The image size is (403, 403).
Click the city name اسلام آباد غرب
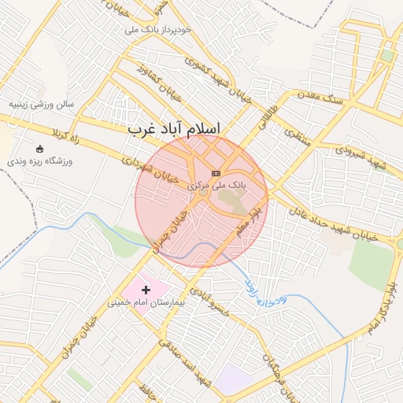(174, 128)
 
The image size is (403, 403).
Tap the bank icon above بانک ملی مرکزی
(216, 172)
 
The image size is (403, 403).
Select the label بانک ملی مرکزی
(216, 184)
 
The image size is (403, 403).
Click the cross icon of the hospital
(146, 290)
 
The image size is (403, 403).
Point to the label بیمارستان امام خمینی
(146, 302)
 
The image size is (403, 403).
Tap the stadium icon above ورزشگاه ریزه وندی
(40, 149)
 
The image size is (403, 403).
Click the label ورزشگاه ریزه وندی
(40, 161)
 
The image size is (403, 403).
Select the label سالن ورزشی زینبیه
(41, 103)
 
